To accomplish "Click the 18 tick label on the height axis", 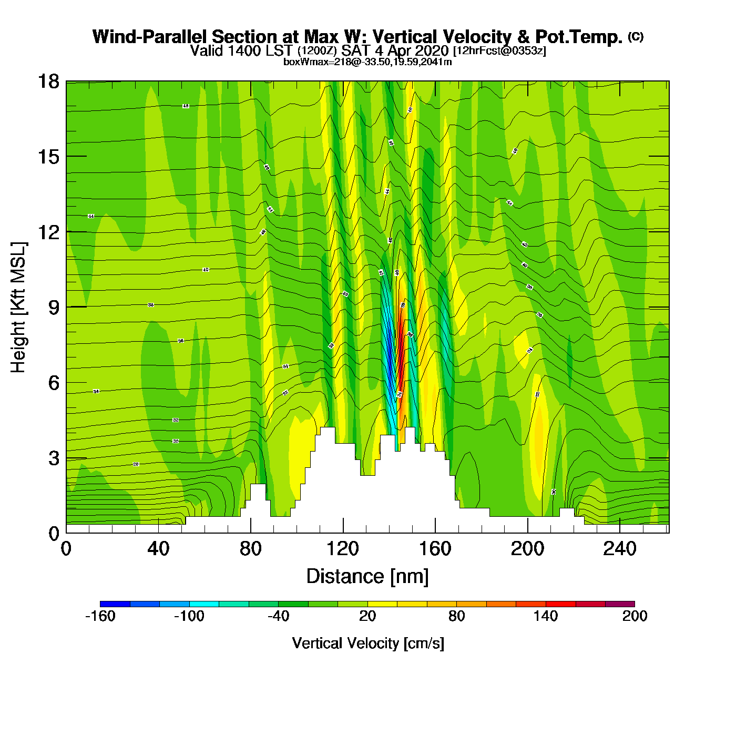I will [48, 81].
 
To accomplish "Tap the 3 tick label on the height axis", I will [54, 458].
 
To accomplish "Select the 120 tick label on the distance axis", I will [343, 549].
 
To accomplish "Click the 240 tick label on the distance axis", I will [620, 549].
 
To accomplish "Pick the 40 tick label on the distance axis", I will [158, 549].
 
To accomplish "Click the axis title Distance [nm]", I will [367, 577].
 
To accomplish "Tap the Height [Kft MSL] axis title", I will [18, 308].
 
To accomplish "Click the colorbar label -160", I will [100, 616].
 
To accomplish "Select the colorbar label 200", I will [635, 616].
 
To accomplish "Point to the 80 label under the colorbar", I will [456, 616].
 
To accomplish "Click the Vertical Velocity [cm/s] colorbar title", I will [367, 643].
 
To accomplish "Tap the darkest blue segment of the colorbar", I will [115, 604].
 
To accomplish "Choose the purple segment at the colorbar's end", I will [620, 604].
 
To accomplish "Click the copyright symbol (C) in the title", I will [636, 36].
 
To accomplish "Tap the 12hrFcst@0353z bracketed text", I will [499, 51].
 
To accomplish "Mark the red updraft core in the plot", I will [401, 347].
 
